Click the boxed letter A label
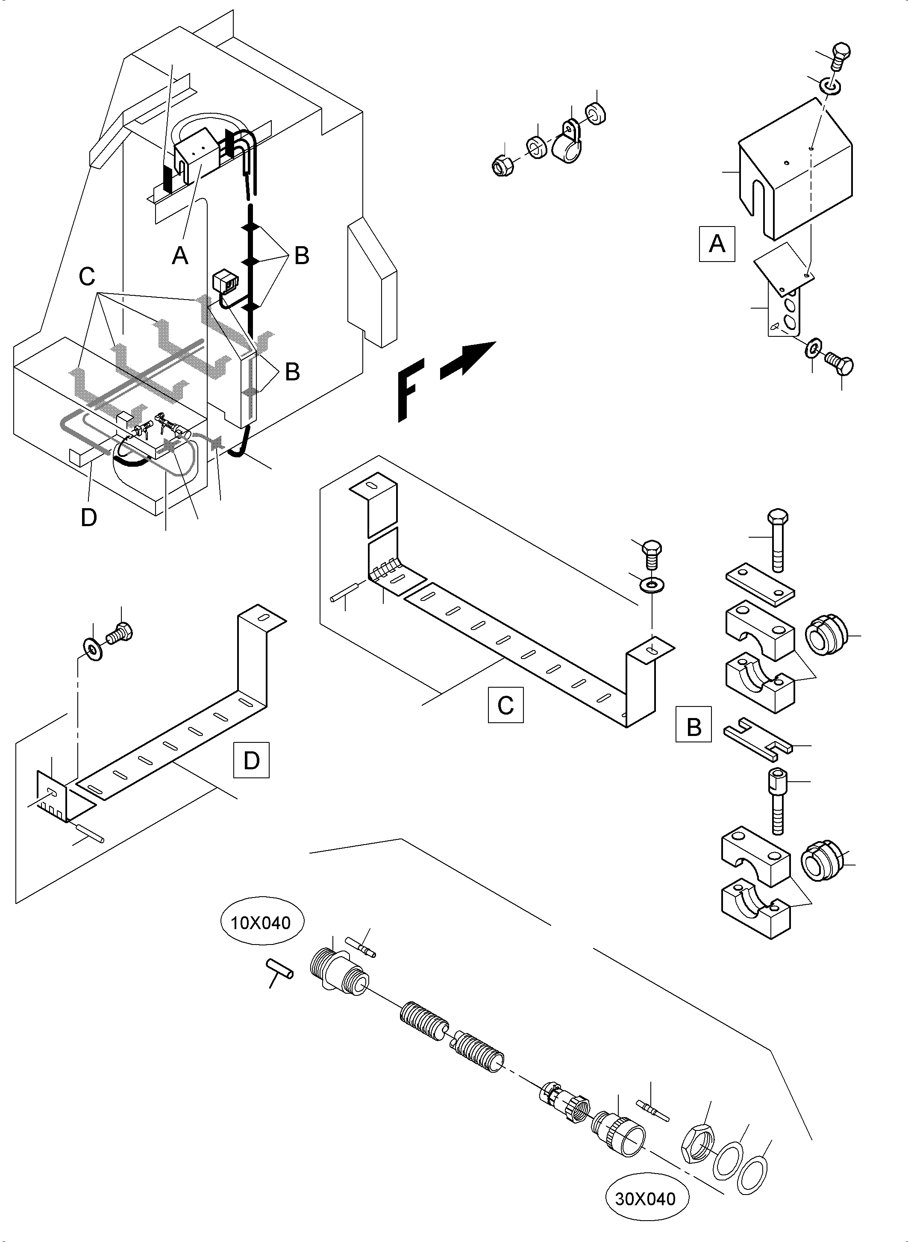coord(717,243)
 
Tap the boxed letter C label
coord(505,704)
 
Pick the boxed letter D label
coord(251,760)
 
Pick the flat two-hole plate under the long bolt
coord(760,583)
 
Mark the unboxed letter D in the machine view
coord(88,517)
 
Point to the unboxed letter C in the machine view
coord(87,277)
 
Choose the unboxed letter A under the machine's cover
coord(180,255)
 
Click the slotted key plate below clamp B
coord(758,739)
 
